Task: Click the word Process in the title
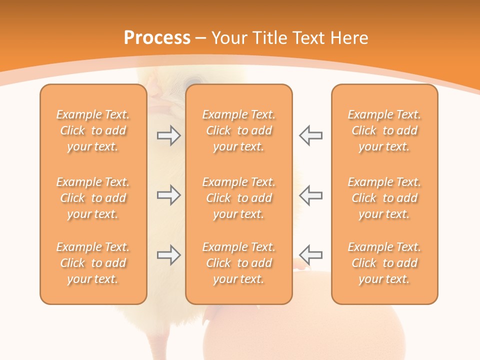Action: point(157,38)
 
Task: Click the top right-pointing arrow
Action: point(168,135)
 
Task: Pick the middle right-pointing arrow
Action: point(168,195)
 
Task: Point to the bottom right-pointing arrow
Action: point(168,255)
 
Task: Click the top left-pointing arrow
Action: point(311,135)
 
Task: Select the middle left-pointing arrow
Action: point(311,195)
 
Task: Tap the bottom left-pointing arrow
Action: point(311,255)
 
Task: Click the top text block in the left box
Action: point(93,130)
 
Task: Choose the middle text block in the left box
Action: point(93,198)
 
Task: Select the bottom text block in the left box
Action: point(93,263)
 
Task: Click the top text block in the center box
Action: point(238,130)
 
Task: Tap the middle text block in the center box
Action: point(238,198)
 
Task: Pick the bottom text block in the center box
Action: point(238,263)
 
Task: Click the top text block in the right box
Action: point(384,130)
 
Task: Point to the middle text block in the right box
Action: point(384,198)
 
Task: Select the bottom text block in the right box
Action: point(384,263)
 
